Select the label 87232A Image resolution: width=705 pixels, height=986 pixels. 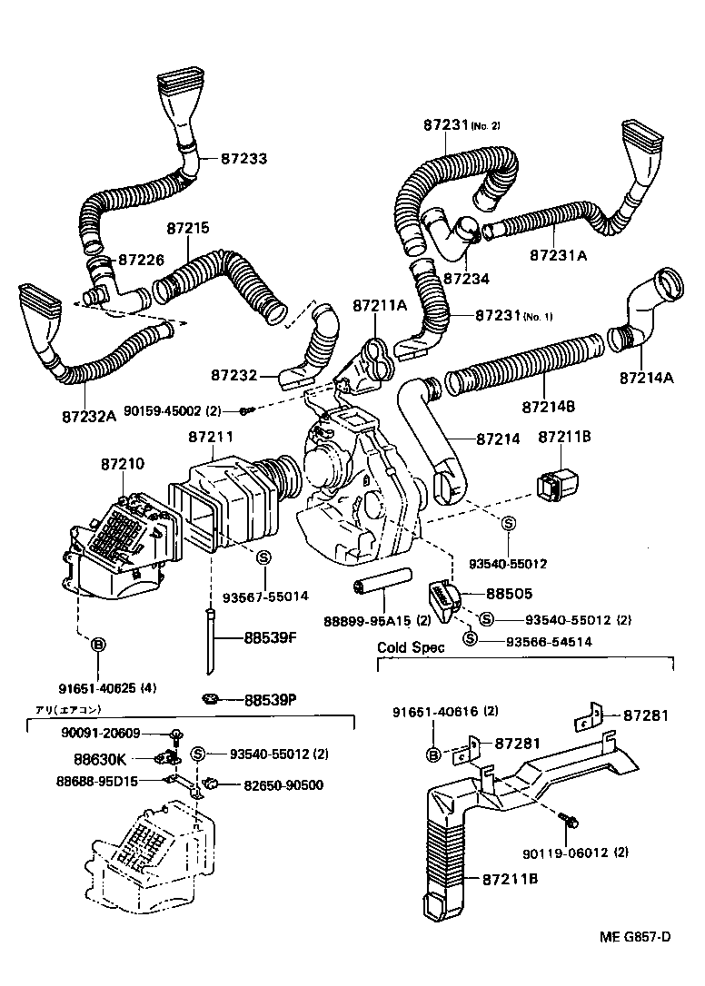[89, 417]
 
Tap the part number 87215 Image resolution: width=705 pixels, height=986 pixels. [188, 229]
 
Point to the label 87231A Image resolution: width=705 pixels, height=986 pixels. [559, 255]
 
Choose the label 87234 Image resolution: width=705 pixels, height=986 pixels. [466, 279]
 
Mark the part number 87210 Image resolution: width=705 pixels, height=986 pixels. [122, 464]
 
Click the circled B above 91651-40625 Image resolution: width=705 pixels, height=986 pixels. [99, 645]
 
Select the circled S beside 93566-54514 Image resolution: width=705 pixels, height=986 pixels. [470, 639]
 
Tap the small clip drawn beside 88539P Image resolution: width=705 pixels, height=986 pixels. [211, 698]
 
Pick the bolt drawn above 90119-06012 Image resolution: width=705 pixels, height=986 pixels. [569, 821]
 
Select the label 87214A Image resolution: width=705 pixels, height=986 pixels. [646, 376]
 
